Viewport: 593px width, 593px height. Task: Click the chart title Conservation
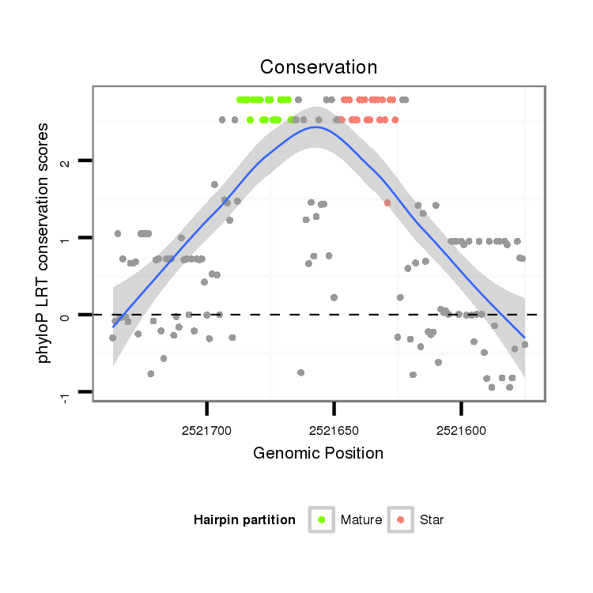[319, 66]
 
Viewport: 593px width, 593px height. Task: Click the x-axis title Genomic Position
[319, 453]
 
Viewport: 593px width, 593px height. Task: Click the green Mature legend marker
[321, 519]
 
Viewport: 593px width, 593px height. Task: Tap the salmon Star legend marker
[400, 519]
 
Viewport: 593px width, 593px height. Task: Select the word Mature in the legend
[361, 519]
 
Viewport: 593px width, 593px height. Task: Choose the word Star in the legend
[432, 519]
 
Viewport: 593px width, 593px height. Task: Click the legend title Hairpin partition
[244, 519]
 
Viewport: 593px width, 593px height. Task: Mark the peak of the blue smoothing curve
[316, 127]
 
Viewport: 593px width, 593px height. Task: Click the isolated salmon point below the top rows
[387, 203]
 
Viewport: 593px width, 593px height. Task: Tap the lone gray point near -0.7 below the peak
[301, 372]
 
